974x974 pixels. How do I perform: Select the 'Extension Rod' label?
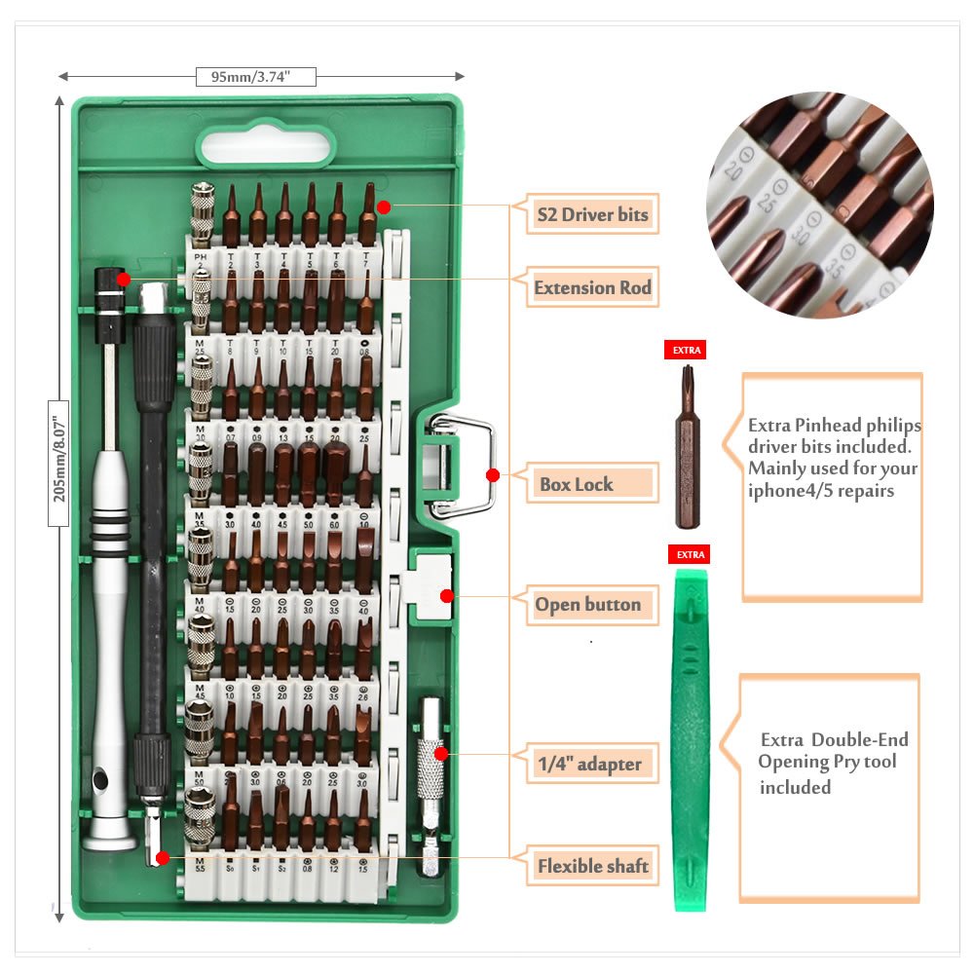592,288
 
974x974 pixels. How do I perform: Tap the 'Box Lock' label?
577,484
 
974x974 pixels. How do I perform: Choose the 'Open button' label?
587,605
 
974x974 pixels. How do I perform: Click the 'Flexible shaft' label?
592,865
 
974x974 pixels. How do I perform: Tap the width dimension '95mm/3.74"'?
256,77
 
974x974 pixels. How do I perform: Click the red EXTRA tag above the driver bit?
685,350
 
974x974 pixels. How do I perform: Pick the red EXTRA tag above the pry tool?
688,554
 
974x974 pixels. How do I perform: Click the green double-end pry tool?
691,740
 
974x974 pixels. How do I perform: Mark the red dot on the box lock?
493,475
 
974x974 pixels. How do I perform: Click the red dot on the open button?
447,596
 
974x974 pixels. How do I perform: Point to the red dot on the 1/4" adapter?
440,753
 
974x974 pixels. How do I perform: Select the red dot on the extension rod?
124,280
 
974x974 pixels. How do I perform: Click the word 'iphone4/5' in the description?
787,490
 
